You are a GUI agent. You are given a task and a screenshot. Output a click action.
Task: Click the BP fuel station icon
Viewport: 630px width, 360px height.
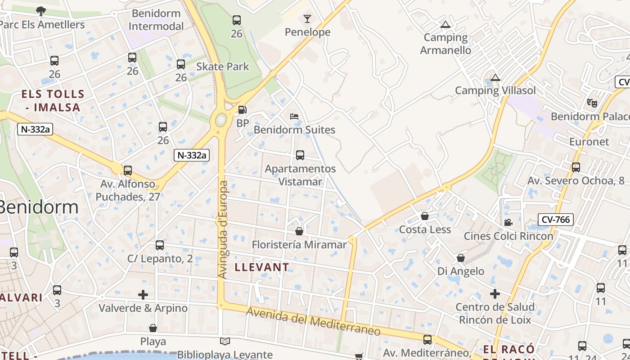point(242,109)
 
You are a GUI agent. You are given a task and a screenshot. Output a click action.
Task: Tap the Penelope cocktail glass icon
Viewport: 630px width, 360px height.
point(307,19)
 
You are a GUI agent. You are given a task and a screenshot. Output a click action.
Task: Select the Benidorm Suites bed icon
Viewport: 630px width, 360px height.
point(294,117)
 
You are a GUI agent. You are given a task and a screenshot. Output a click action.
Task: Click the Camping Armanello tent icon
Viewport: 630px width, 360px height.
point(445,25)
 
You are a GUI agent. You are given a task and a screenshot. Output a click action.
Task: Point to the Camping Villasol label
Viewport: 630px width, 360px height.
point(495,90)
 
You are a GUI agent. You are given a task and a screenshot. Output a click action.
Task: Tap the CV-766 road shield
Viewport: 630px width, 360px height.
point(556,220)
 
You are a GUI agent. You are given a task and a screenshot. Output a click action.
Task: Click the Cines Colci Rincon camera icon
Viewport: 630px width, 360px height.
point(508,222)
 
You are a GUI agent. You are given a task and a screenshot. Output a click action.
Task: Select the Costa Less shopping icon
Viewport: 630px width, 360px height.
point(424,216)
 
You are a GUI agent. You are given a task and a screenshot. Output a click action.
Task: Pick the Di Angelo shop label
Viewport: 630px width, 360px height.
point(461,271)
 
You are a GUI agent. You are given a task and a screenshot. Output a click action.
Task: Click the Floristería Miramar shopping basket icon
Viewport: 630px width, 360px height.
point(299,231)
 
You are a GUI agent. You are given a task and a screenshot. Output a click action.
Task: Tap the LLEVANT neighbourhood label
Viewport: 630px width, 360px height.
point(262,267)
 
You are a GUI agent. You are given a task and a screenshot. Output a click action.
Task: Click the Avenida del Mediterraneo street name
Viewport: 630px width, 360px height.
point(313,322)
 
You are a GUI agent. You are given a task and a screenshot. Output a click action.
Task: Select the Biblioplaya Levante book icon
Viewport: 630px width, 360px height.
point(225,342)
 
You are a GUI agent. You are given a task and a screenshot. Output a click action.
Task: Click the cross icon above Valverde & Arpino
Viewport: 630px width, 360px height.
point(143,295)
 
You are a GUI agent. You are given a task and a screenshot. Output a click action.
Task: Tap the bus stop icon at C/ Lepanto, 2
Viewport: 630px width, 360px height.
point(160,245)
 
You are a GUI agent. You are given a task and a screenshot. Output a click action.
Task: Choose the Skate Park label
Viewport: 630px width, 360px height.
point(222,67)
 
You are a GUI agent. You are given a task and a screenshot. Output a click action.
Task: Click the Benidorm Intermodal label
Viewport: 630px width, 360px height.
point(156,20)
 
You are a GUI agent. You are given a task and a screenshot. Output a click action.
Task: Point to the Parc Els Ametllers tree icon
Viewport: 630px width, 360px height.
point(41,11)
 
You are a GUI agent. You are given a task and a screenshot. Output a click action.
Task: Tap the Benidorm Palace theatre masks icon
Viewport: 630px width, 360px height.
point(592,103)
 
